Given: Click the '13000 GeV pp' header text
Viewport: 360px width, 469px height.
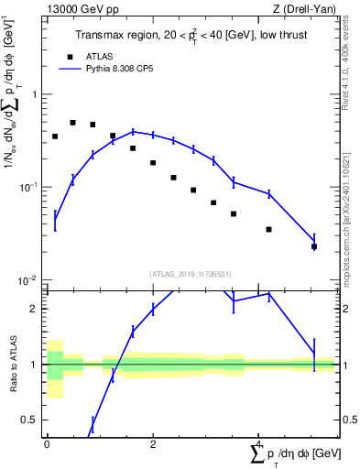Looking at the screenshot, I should pyautogui.click(x=81, y=9).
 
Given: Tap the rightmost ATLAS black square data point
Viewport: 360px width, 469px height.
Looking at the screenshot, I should pyautogui.click(x=314, y=246).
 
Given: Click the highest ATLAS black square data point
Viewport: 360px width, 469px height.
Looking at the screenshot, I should pyautogui.click(x=73, y=123).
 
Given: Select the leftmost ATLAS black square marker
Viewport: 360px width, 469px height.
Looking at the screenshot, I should pyautogui.click(x=55, y=136).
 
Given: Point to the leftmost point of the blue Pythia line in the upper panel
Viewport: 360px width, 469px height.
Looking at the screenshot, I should pyautogui.click(x=55, y=219).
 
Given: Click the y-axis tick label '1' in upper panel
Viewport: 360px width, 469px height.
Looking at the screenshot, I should pyautogui.click(x=35, y=94).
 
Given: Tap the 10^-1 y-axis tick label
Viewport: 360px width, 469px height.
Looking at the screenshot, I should pyautogui.click(x=29, y=187).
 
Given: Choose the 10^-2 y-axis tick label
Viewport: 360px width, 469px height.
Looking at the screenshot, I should pyautogui.click(x=29, y=280).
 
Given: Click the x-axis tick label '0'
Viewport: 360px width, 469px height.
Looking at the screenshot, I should pyautogui.click(x=47, y=443).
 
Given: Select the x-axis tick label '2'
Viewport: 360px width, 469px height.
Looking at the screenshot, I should pyautogui.click(x=153, y=443).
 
